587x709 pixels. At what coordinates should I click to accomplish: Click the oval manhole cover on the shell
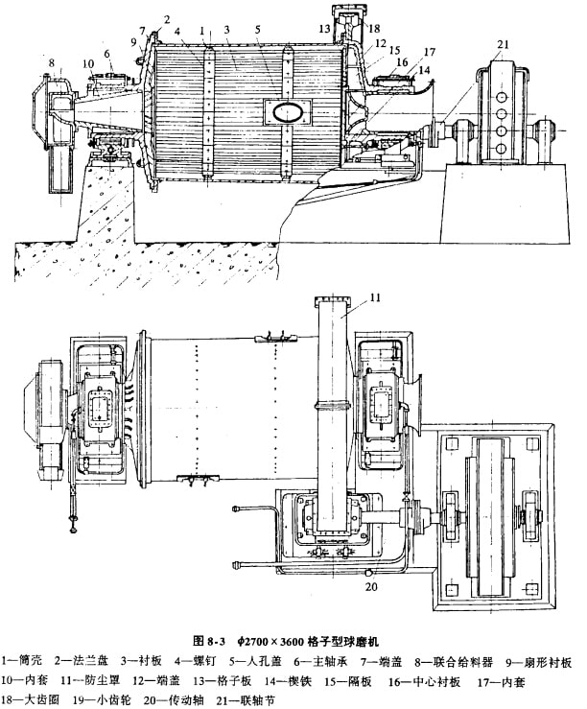tap(286, 111)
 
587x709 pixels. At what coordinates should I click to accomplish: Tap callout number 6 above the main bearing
tap(107, 54)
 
